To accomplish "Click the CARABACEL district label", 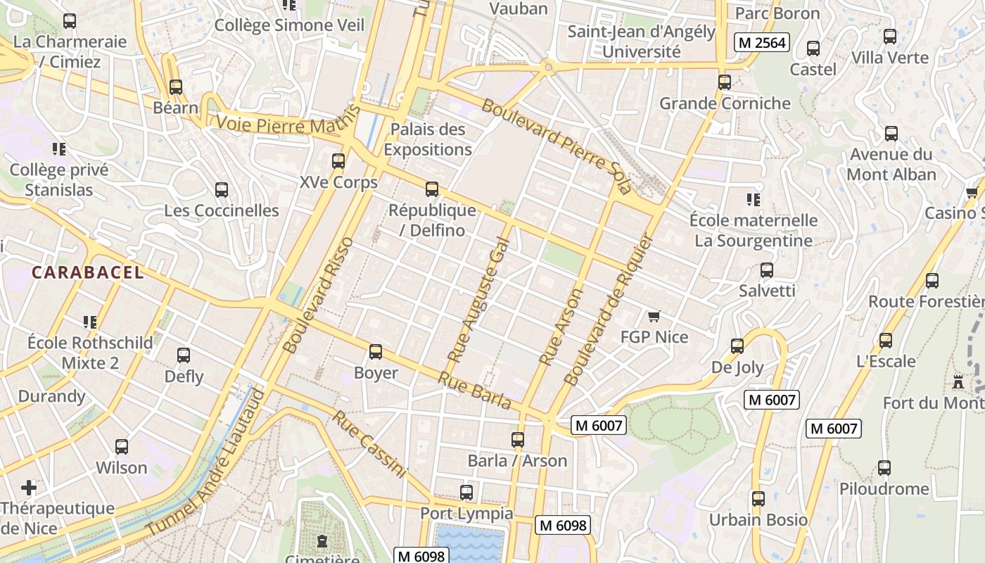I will [88, 272].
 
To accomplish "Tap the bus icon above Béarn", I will [176, 87].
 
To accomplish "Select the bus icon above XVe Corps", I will [338, 161].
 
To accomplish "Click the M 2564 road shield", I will [761, 42].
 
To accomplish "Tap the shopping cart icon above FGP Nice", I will [654, 317].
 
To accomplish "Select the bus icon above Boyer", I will [376, 351].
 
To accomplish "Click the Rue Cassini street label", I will [369, 444].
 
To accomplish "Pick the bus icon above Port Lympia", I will [466, 493].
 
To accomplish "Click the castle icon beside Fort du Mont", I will [958, 382].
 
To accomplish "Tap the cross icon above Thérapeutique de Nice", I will [29, 487].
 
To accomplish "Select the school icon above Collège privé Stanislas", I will [59, 148].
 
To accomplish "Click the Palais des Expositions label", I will [428, 139].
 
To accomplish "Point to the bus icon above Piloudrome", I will [884, 467].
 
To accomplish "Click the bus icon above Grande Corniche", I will [725, 82].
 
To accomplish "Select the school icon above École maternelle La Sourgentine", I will [754, 200].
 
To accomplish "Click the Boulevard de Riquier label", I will [609, 310].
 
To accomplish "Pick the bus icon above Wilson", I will [122, 446].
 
